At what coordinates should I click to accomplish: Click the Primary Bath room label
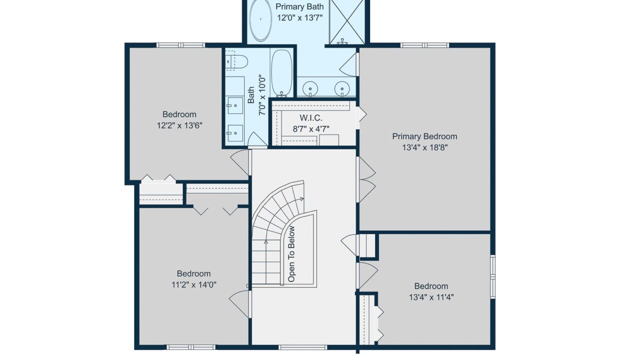point(299,6)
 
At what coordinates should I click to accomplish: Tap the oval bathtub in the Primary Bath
point(260,20)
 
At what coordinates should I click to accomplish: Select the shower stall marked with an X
point(347,21)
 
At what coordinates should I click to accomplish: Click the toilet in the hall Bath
point(236,61)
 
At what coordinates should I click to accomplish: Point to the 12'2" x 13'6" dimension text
point(179,125)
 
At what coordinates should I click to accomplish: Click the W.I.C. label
point(311,118)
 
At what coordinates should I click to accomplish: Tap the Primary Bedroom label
point(424,136)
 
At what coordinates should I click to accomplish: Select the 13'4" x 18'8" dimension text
point(424,147)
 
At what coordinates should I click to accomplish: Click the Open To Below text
point(291,254)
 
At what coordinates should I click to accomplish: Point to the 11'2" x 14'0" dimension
point(194,284)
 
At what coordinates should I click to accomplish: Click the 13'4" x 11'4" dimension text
point(431,297)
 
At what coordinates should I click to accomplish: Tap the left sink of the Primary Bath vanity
point(310,89)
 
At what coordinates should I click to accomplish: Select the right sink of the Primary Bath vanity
point(342,89)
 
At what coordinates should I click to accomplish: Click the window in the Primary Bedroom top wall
point(424,45)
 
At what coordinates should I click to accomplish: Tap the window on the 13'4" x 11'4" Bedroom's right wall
point(493,276)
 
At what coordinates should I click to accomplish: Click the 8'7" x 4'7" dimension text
point(311,129)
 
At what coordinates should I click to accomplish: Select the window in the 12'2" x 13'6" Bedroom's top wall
point(180,45)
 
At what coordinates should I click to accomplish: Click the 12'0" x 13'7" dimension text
point(300,18)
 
